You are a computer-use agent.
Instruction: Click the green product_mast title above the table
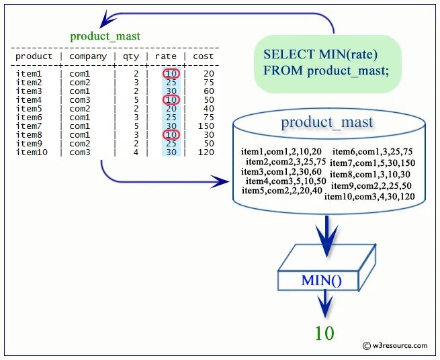point(105,36)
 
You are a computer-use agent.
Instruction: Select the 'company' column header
point(88,56)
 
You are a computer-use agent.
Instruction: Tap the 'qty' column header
point(130,56)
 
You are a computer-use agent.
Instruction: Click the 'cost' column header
point(203,56)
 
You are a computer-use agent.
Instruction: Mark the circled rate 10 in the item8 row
point(171,135)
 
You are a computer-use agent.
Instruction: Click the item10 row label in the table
point(31,152)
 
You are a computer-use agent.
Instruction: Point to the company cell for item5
point(79,109)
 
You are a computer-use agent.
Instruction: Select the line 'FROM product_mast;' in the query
point(326,70)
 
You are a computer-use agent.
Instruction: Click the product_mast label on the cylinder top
point(327,122)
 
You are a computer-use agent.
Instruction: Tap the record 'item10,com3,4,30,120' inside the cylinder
point(369,197)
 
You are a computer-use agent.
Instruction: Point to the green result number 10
point(324,332)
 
